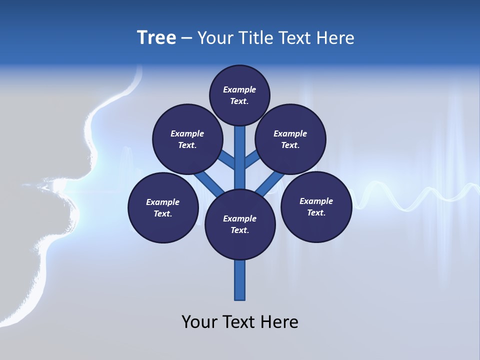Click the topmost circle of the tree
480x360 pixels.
coord(239,95)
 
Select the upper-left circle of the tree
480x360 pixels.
coord(187,139)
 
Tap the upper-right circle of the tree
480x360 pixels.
coord(290,139)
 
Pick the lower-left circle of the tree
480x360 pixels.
coord(163,207)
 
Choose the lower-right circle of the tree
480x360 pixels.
coord(316,206)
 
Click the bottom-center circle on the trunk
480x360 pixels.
coord(240,224)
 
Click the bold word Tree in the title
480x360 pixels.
coord(156,38)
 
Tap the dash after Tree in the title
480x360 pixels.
coord(186,38)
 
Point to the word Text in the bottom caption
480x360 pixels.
coord(239,322)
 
